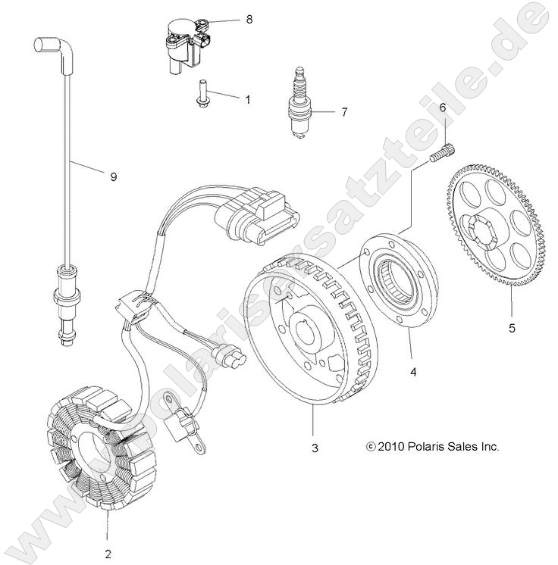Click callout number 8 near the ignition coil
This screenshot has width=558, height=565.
click(249, 20)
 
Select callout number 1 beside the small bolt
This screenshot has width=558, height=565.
click(246, 98)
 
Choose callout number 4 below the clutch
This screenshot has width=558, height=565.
click(413, 372)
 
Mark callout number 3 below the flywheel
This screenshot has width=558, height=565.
click(314, 448)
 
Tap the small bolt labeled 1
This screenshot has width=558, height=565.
click(204, 93)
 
